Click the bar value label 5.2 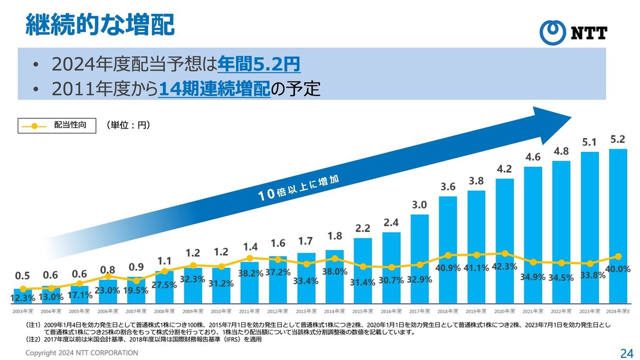[618, 140]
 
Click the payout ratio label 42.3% [505, 267]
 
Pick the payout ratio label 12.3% [23, 297]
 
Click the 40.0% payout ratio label [618, 269]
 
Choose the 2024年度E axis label [618, 310]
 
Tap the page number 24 [626, 353]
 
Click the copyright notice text [83, 353]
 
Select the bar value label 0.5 [22, 276]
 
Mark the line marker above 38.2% [250, 258]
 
